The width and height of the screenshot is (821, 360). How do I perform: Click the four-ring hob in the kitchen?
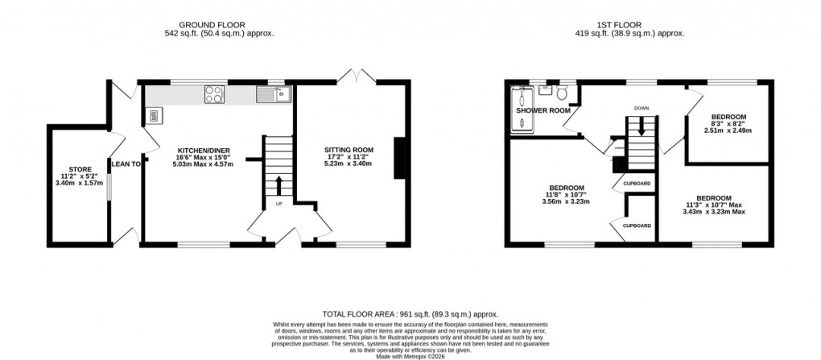point(215,95)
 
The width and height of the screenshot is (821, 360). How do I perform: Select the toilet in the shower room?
point(563,94)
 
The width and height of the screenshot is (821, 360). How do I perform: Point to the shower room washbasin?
point(544,90)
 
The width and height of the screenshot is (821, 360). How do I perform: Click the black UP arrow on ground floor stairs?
point(279,184)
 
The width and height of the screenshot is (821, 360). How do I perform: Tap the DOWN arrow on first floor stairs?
point(641,126)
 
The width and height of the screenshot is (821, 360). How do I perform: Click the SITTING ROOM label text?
point(349,150)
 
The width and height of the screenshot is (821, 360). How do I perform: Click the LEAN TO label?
point(126,163)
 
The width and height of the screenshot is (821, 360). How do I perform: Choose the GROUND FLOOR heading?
point(214,24)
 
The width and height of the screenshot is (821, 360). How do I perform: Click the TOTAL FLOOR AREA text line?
point(410,314)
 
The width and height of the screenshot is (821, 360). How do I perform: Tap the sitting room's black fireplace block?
point(398,158)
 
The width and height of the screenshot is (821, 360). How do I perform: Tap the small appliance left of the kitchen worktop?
point(153,117)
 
